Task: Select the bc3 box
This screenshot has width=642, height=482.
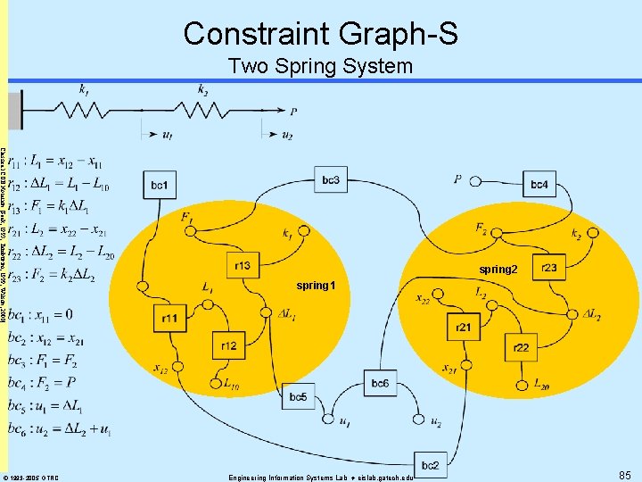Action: pos(331,179)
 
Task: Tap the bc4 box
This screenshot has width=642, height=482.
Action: pos(539,184)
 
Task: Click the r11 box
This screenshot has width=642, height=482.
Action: pos(169,318)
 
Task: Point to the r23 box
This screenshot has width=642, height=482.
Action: pos(549,266)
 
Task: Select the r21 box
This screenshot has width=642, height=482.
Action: pos(463,328)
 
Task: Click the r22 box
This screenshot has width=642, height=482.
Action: pos(521,348)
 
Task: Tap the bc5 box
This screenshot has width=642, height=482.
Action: pos(298,397)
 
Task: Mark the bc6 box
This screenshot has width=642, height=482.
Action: pos(380,383)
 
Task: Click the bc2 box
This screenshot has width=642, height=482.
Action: pos(430,464)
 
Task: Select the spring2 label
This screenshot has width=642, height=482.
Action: pos(498,269)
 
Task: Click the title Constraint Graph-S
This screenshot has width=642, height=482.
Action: pos(321,33)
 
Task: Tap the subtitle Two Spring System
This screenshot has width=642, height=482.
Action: pos(321,66)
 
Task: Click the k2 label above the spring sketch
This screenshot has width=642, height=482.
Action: pos(204,90)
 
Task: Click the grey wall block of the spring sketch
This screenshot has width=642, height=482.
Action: pos(14,111)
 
